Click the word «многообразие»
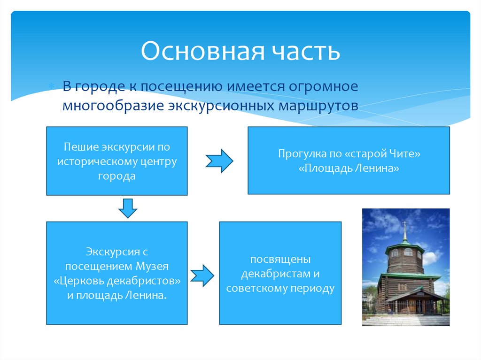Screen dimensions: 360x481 [112, 105]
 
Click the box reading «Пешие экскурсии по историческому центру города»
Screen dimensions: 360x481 [116, 161]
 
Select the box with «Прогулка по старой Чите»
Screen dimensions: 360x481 [349, 161]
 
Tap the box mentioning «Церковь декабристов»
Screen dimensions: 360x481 [116, 273]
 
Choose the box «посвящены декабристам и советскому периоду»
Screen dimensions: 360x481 [280, 273]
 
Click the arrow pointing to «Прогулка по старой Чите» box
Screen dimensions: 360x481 [219, 161]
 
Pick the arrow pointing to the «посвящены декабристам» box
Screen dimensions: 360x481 [202, 275]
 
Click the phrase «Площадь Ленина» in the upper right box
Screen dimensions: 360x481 [349, 168]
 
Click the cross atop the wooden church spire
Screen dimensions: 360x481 [404, 224]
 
